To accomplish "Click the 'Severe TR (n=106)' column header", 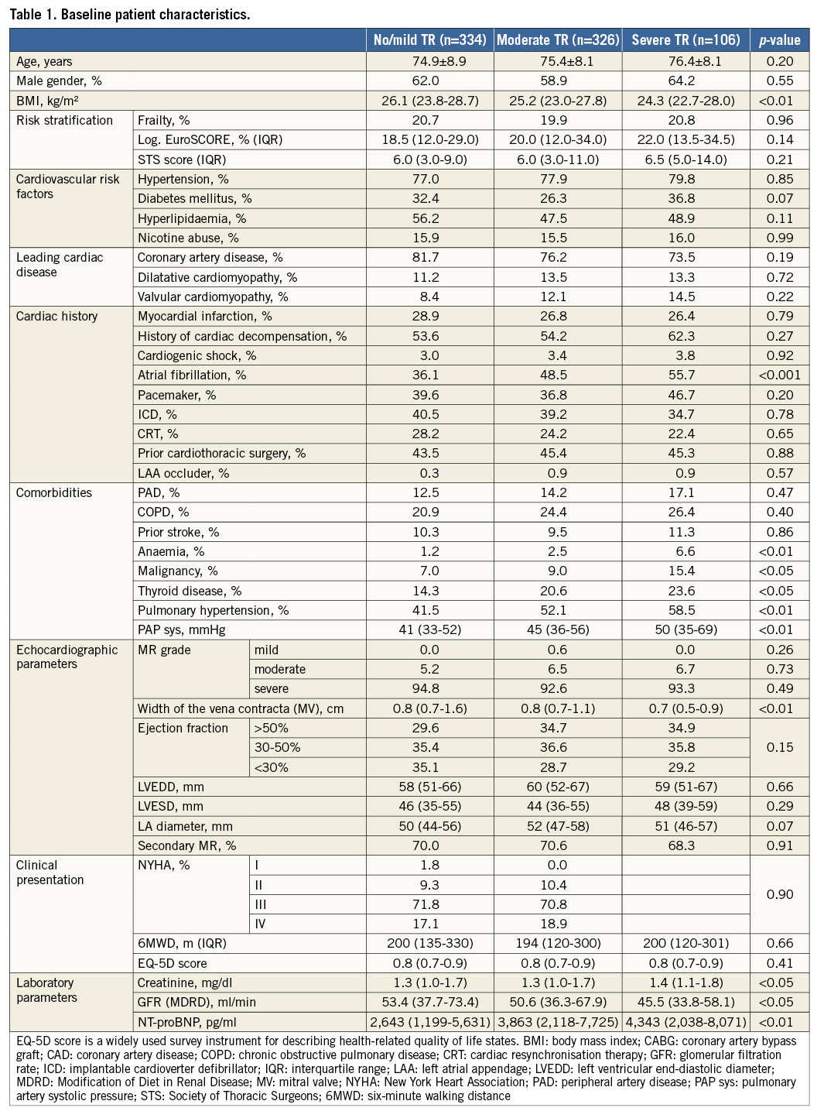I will pos(686,40).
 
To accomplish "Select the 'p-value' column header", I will pos(779,40).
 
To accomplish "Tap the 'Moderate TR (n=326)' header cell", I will pos(558,40).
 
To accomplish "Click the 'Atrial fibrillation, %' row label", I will pos(192,375).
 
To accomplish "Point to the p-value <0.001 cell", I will pos(779,375).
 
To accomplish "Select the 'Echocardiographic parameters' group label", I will pos(67,657).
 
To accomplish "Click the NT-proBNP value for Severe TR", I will pos(686,1022).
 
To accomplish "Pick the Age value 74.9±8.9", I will pos(429,61).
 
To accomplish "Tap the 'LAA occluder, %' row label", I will pos(183,473).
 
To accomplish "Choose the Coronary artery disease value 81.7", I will pos(429,257).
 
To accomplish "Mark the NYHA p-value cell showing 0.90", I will pos(779,894).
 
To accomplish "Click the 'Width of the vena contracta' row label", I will pos(240,708).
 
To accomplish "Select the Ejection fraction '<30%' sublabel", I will pos(272,767).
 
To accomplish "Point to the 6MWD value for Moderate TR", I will pos(558,943).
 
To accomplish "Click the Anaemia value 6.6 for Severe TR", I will pos(686,551).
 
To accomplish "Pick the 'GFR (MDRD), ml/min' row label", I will pos(197,1002).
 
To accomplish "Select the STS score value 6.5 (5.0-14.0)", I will pos(686,159).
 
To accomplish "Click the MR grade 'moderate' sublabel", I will pos(280,669).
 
